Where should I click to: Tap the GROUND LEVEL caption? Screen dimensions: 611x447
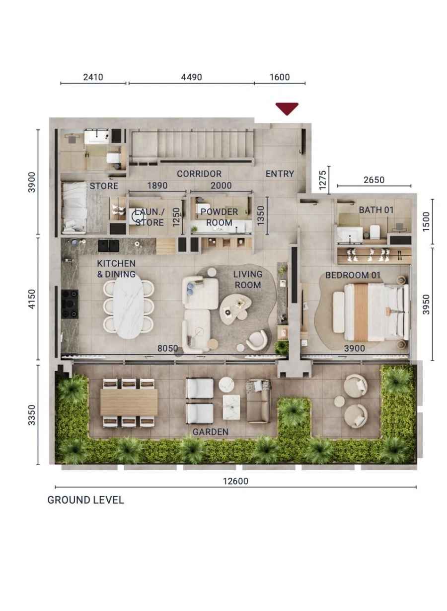pos(85,500)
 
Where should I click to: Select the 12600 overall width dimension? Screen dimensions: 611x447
pos(236,481)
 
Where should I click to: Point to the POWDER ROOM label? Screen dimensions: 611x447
pos(219,217)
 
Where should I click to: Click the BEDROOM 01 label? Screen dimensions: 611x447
pos(347,275)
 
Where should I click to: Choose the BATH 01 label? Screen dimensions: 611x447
pos(376,210)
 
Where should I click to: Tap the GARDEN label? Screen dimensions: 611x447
pos(211,432)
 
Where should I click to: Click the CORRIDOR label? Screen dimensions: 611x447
pos(199,174)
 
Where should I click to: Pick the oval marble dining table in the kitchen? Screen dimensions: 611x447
pos(128,306)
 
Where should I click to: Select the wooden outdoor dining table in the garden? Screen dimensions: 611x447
pos(129,402)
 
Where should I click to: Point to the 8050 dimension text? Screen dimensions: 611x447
pos(167,349)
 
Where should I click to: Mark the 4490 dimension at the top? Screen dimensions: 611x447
pos(191,77)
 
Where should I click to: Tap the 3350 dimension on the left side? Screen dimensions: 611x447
pos(32,414)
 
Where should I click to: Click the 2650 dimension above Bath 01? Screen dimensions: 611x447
pos(373,180)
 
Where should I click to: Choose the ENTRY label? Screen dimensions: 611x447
pos(280,174)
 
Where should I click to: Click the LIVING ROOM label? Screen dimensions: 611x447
pos(248,280)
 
